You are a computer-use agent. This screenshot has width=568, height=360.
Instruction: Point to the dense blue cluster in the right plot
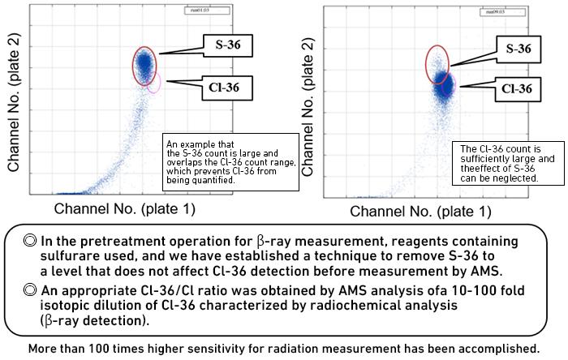pos(443,83)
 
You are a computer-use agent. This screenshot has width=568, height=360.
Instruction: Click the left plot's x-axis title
pos(123,208)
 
